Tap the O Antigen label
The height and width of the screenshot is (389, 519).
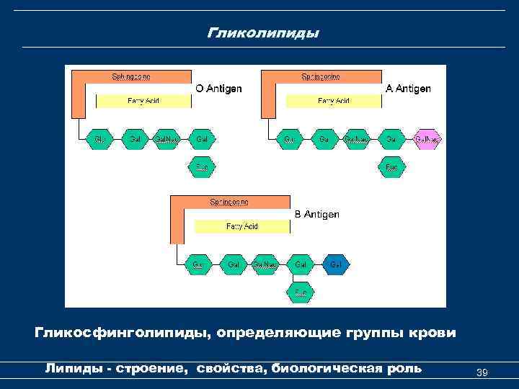pos(219,89)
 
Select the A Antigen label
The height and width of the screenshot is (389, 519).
pos(408,89)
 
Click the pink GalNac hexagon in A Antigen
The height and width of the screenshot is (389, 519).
pos(427,138)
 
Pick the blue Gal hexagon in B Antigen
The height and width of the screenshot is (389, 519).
pos(335,265)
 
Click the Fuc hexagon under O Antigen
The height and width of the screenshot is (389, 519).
pos(202,167)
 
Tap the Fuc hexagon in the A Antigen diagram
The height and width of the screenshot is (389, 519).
pos(391,167)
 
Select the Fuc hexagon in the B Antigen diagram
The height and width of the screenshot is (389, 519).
pos(300,292)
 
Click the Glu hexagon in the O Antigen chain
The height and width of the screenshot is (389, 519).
pos(99,138)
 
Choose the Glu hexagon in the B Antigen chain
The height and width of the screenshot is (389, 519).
pos(197,265)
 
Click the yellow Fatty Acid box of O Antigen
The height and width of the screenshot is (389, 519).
pos(143,101)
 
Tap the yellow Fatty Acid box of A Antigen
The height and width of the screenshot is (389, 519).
pos(334,101)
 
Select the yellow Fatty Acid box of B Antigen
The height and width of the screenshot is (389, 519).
pos(242,226)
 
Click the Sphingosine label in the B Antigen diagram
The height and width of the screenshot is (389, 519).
pos(229,202)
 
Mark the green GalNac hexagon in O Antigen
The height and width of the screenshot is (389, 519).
pos(167,138)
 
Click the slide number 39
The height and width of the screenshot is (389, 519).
pos(483,372)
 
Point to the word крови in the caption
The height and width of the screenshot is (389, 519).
pos(430,334)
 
